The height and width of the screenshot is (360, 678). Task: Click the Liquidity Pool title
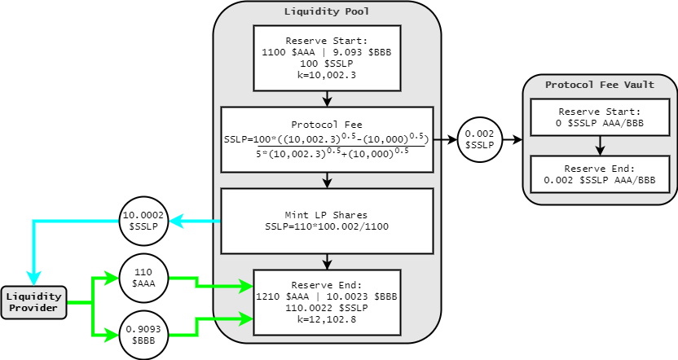327,11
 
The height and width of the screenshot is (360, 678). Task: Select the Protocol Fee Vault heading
600,84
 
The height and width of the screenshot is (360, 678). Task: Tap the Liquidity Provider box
33,302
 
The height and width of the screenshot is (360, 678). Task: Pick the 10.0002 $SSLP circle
144,221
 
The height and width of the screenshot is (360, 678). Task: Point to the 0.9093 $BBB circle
143,336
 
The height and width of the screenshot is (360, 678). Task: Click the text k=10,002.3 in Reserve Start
327,74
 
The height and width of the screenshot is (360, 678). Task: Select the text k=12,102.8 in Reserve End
327,321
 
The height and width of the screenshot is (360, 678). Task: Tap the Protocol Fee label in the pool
327,124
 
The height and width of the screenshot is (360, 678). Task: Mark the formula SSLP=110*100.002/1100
327,226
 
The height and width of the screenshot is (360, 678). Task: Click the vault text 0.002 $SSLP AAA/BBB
600,179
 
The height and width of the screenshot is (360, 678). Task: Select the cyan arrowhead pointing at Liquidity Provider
33,279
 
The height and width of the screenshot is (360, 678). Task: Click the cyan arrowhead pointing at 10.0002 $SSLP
174,221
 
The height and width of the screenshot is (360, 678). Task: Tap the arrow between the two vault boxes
600,146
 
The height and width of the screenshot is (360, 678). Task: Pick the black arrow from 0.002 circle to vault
511,139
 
